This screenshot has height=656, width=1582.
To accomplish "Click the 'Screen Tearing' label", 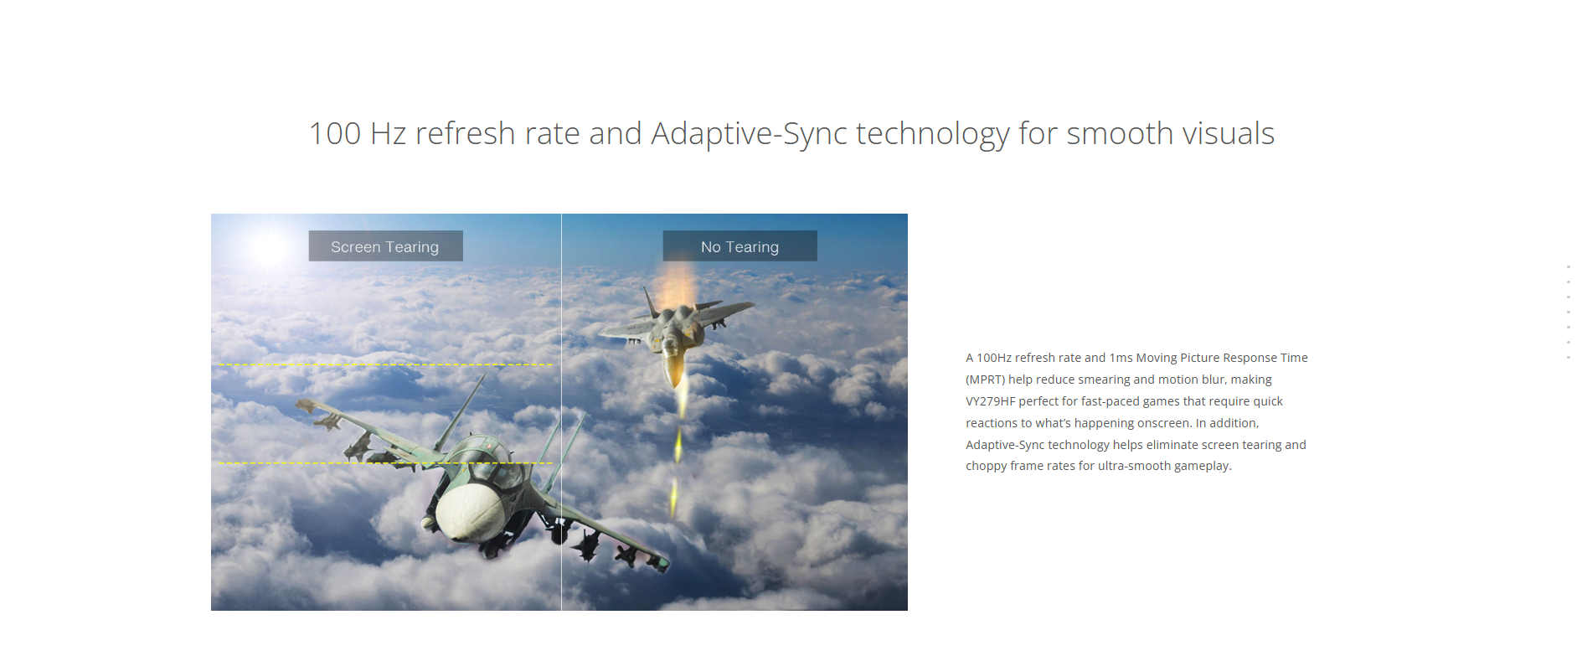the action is (x=385, y=246).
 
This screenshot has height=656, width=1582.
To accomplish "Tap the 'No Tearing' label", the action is (x=739, y=246).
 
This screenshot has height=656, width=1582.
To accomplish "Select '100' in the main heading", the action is (x=335, y=134).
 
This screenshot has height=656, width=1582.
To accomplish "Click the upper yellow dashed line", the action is (x=385, y=364).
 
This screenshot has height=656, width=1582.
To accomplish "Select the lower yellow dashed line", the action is (x=385, y=462).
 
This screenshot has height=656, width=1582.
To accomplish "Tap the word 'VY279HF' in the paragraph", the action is (x=990, y=401).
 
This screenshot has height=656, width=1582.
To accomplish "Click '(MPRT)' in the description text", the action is (x=985, y=380).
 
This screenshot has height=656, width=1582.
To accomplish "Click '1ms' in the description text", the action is (x=1121, y=358).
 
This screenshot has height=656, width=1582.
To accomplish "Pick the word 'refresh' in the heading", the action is (x=465, y=134).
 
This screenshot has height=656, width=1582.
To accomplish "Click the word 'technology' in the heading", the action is (x=933, y=134).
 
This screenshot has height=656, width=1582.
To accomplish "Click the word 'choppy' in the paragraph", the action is (x=986, y=466).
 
